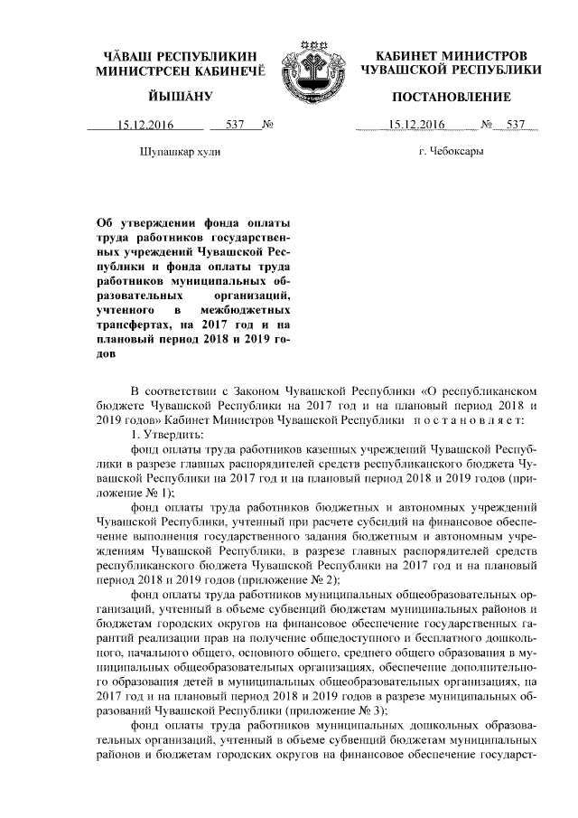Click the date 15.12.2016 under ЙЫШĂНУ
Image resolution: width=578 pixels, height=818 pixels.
coord(139,125)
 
